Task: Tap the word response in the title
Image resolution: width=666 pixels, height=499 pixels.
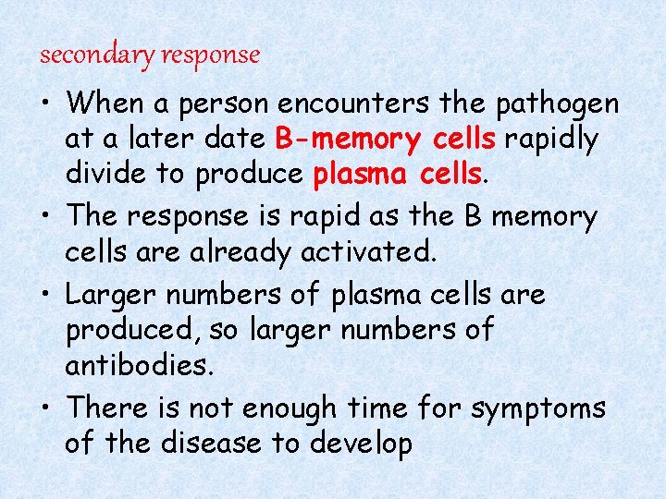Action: point(211,55)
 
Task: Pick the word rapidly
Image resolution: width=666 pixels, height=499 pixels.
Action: point(552,139)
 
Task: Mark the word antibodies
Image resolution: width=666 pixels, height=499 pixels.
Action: point(139,366)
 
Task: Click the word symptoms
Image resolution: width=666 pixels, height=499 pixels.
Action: point(538,408)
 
